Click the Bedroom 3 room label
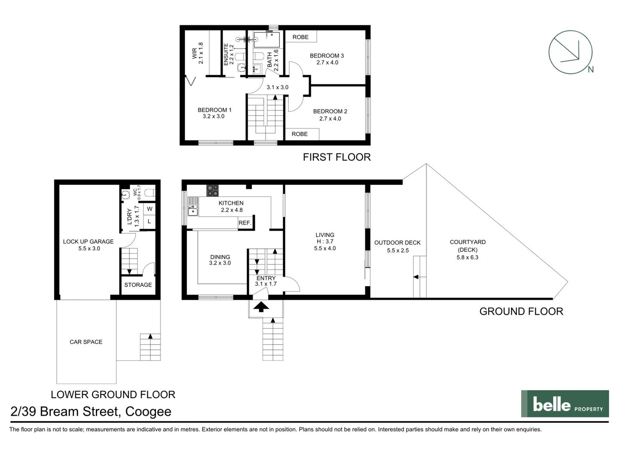[x=327, y=55]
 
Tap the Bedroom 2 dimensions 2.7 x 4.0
[x=330, y=119]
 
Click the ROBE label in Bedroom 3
[x=300, y=37]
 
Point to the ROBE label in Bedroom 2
[x=300, y=134]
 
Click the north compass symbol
[x=570, y=52]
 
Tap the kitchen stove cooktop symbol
[x=212, y=190]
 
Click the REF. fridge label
[x=245, y=223]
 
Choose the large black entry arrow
[x=261, y=306]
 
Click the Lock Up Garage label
[x=88, y=241]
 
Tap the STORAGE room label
[x=138, y=285]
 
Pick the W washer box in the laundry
[x=150, y=209]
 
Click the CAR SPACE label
[x=86, y=342]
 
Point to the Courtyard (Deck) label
[x=468, y=246]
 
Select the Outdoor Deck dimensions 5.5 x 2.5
[x=398, y=250]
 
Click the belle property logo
[x=565, y=404]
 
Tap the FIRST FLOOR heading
[x=337, y=157]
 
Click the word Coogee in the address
[x=148, y=412]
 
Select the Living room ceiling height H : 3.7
[x=325, y=241]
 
